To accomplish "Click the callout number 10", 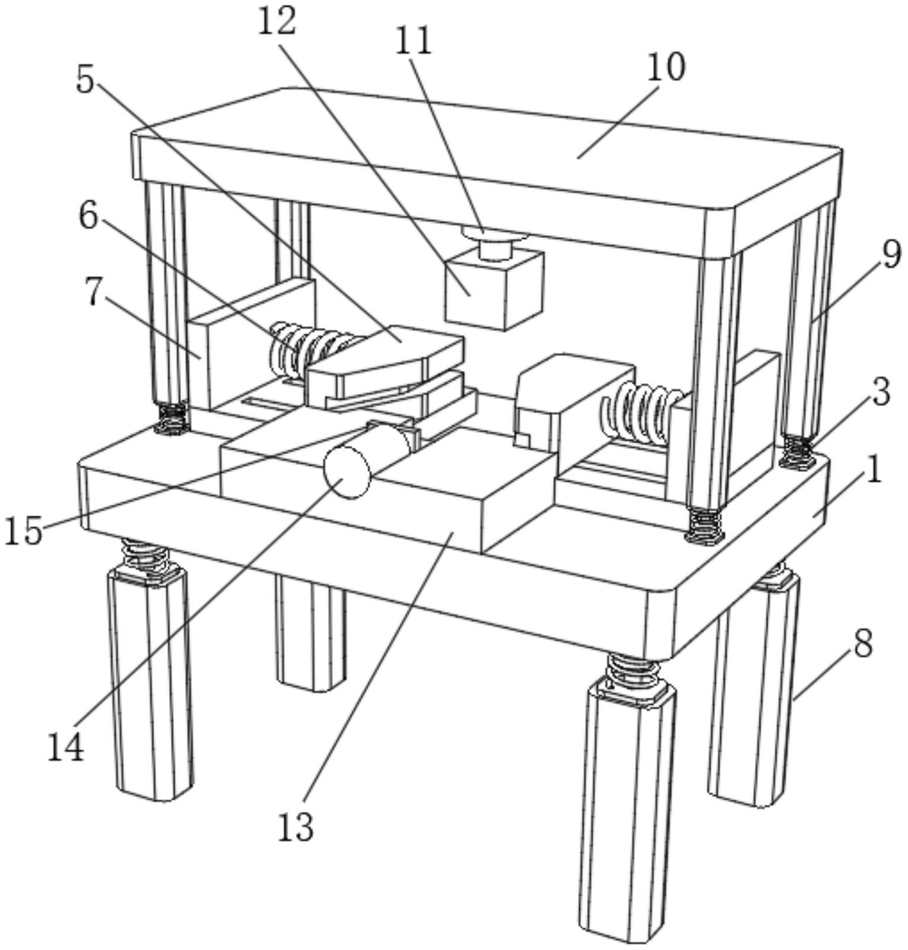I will click(x=666, y=67).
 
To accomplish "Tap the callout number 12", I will click(x=277, y=22).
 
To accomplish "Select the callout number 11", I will click(x=413, y=42).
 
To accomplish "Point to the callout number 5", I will click(x=85, y=80).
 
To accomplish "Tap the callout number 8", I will click(x=863, y=643).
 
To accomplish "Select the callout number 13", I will click(x=295, y=827).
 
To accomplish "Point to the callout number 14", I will click(x=66, y=749).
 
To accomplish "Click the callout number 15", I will click(x=24, y=530).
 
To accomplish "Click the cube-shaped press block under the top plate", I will click(x=494, y=290).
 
